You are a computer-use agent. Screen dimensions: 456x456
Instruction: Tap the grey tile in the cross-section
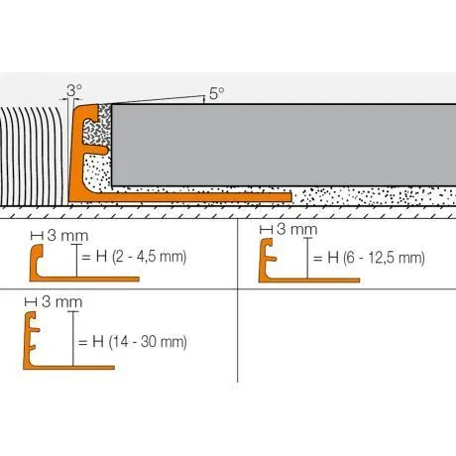278,145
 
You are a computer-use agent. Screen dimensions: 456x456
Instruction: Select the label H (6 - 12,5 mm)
368,259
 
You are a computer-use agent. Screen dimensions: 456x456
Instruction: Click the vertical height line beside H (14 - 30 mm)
73,342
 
